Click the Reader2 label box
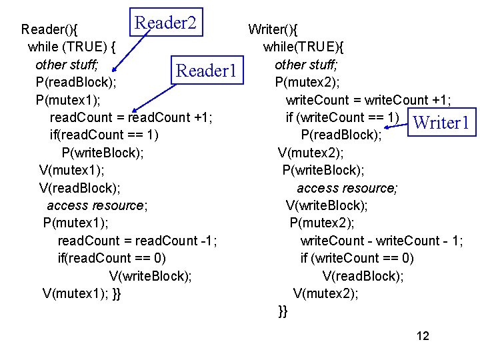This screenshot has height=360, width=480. tap(166, 23)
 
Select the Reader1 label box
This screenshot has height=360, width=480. tap(205, 70)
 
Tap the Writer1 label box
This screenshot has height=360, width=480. tap(442, 123)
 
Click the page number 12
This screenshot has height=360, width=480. tap(423, 335)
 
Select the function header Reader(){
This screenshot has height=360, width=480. tap(49, 29)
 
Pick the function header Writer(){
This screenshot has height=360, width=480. tap(273, 29)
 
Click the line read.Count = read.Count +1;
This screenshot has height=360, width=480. tap(131, 117)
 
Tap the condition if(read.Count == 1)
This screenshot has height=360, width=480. tap(104, 135)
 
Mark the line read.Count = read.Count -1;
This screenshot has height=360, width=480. tap(137, 240)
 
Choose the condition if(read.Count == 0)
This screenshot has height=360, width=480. tap(112, 258)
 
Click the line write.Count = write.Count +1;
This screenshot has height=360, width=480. tap(368, 100)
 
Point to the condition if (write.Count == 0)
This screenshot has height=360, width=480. tap(357, 258)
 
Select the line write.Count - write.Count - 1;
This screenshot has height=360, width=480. tap(381, 240)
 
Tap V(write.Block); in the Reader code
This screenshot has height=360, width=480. tap(150, 275)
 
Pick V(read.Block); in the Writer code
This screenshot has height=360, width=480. tap(363, 275)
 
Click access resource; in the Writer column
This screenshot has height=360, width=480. tap(347, 188)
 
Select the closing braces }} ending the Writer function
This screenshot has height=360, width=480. tap(283, 311)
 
